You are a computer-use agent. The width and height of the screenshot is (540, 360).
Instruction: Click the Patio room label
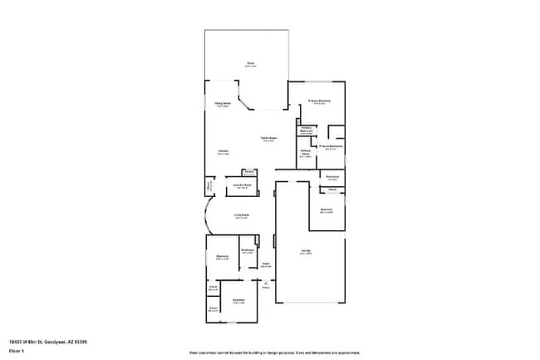249,63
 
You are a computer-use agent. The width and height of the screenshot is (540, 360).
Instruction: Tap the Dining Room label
223,104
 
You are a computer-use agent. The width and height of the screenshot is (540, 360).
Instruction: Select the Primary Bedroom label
320,101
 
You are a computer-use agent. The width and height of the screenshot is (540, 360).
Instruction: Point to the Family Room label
268,139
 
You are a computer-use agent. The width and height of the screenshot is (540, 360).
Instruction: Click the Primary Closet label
306,153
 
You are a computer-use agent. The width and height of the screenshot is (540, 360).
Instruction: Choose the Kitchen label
223,152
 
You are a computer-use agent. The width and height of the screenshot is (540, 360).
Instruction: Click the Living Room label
241,216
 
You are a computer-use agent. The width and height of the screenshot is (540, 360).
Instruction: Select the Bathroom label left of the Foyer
247,251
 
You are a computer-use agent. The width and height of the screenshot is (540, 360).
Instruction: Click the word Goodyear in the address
53,341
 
